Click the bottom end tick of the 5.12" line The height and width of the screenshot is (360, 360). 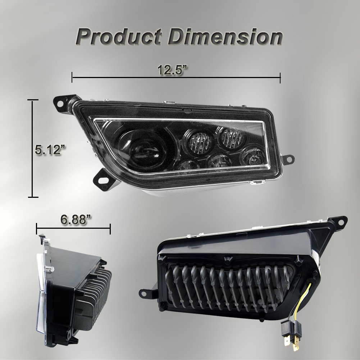tap(33, 197)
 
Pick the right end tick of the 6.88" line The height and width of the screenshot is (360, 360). tap(110, 228)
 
